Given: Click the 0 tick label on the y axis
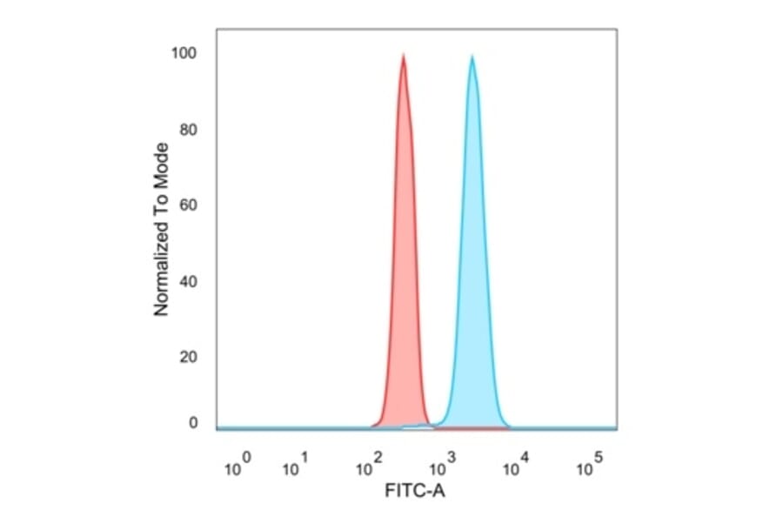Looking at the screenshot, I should pos(193,423).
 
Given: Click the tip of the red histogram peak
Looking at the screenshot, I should pos(403,55).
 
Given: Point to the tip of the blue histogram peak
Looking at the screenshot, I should pos(472,57).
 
